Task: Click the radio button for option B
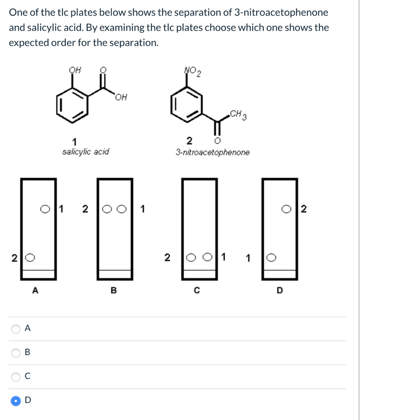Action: click(x=16, y=352)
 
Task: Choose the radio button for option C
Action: click(x=16, y=377)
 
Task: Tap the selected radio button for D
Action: click(x=16, y=401)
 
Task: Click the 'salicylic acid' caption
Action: click(x=85, y=152)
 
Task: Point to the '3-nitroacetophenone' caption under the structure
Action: click(x=212, y=153)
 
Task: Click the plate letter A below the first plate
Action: click(x=35, y=291)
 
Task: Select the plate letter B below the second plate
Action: click(x=114, y=291)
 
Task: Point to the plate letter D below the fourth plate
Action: click(x=279, y=291)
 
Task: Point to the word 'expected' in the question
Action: click(x=27, y=43)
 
